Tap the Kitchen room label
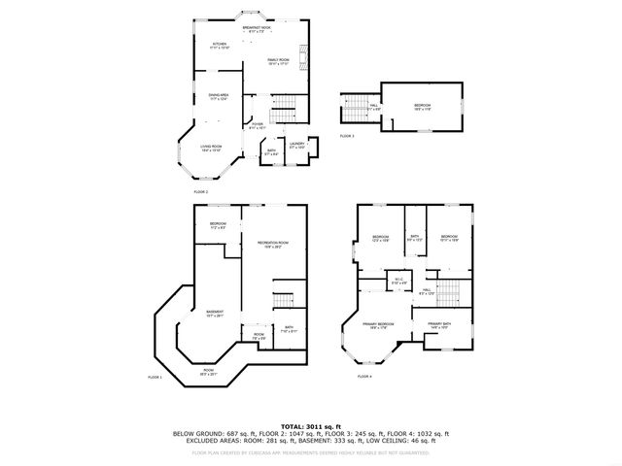(220, 46)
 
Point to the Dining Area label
(218, 96)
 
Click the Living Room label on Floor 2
(211, 149)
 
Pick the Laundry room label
(297, 146)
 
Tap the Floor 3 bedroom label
(422, 107)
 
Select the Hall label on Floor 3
(374, 108)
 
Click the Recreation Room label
(273, 244)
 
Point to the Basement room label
(215, 313)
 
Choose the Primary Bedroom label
(378, 325)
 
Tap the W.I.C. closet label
(399, 282)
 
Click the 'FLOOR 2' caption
(201, 192)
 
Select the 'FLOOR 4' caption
(363, 376)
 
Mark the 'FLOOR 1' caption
(155, 377)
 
